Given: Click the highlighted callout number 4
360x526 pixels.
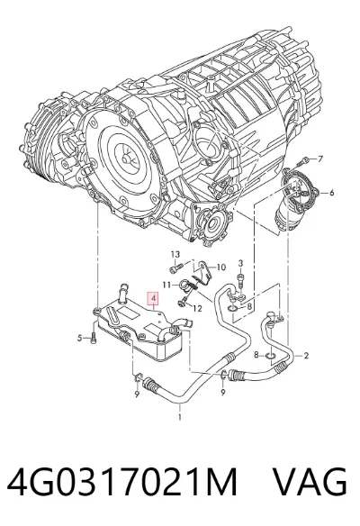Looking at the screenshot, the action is point(153,298).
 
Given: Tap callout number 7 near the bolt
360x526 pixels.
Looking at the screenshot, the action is point(319,159).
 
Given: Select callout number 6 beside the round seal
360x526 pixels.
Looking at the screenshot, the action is point(331,193).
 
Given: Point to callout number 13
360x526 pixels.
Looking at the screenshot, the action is point(175,254).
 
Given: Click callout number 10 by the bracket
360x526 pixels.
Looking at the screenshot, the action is point(221,268).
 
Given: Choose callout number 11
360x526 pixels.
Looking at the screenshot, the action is point(166,285).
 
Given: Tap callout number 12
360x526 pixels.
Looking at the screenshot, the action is point(198,308).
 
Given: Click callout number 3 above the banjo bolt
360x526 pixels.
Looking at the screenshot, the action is point(240,263).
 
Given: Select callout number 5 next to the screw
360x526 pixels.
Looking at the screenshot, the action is point(79,338).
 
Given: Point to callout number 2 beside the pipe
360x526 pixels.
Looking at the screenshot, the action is point(306,355).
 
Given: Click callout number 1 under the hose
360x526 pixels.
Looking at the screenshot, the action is point(180,417).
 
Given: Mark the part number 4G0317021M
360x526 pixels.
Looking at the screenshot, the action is point(122,482).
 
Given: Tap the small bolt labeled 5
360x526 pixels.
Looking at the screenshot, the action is point(94,338).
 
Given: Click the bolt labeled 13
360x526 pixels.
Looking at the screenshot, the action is point(176,268).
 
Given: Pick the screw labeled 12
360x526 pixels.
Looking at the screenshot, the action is point(183,303).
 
